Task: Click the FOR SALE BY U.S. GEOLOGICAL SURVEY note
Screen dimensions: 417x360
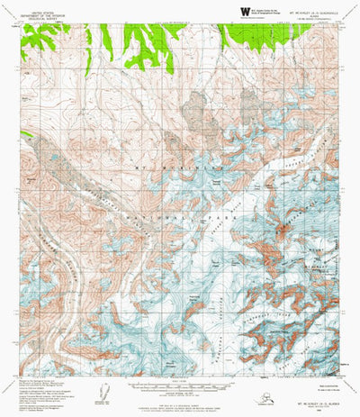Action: click(180, 403)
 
